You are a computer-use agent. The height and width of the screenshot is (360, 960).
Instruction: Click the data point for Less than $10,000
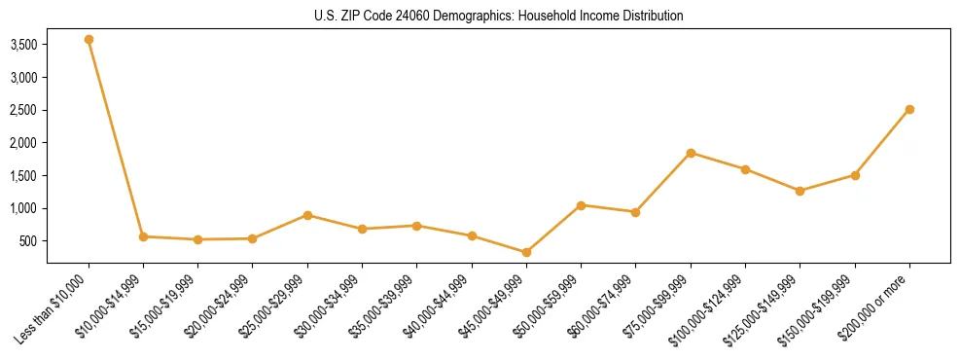89,40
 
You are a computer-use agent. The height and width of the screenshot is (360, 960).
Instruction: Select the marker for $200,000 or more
909,109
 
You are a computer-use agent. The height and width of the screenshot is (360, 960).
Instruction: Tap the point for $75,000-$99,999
691,153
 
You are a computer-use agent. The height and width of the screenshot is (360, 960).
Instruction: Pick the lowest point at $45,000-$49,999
526,252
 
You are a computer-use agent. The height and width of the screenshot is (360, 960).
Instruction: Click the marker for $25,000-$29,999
307,215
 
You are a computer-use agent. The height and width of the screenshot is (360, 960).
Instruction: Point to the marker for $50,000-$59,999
581,205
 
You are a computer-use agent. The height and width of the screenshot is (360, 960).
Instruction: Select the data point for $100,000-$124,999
745,169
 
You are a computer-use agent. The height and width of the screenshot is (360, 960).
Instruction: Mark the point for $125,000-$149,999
800,191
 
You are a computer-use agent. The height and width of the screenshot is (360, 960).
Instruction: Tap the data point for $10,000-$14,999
143,236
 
